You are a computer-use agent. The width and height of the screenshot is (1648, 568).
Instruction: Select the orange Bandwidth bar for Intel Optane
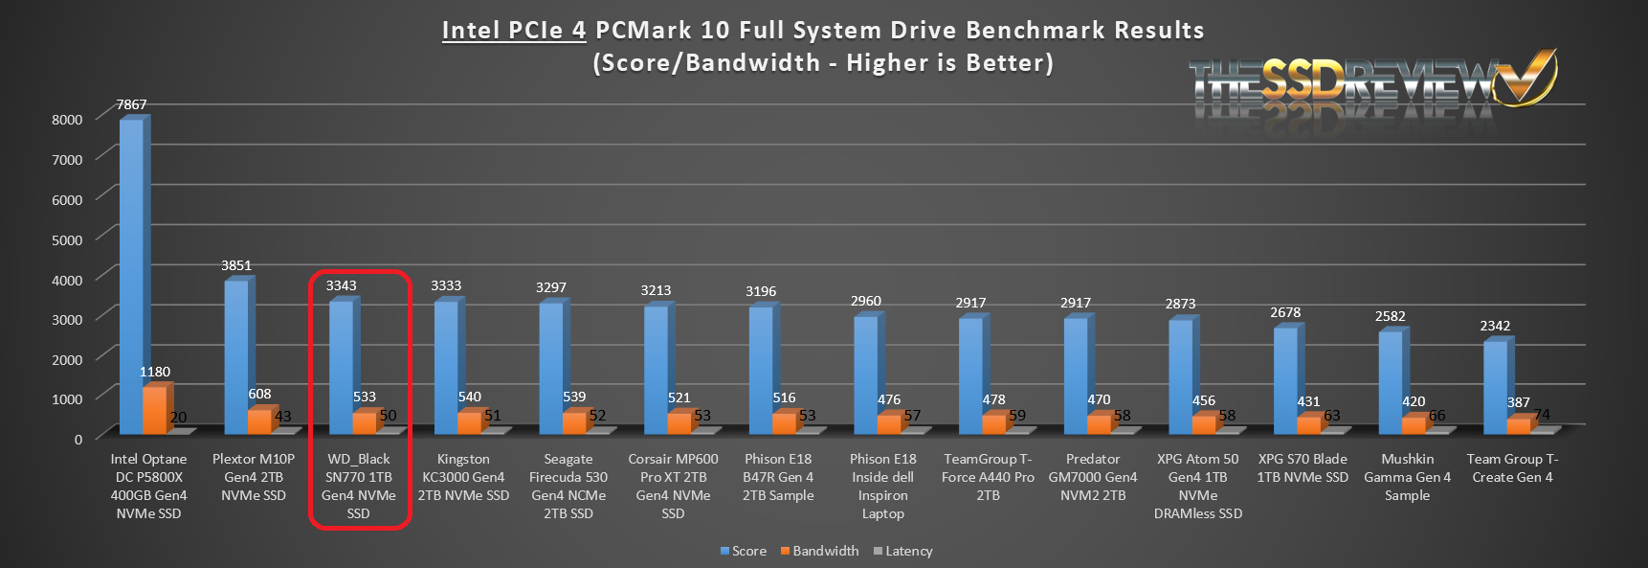pos(153,410)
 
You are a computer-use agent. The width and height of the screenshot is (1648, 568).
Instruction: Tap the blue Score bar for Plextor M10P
pos(236,356)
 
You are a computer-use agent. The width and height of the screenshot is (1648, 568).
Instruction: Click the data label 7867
pos(132,104)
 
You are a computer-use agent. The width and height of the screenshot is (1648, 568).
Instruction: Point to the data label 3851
pos(236,265)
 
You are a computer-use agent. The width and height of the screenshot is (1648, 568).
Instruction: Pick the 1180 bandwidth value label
pos(155,372)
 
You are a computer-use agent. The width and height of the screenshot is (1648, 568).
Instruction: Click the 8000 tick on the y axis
pos(67,120)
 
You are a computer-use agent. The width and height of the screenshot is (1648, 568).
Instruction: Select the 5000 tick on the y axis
pos(67,239)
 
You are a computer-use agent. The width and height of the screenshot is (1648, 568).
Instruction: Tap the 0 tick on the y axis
pos(78,439)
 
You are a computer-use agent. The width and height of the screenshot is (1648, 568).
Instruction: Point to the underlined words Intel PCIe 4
pos(514,31)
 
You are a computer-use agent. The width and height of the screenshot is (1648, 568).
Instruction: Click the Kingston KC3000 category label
pos(463,477)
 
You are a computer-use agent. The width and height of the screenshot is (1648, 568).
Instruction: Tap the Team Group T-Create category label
pos(1512,468)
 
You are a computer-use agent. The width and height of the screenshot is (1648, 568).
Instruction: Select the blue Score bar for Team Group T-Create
pos(1495,387)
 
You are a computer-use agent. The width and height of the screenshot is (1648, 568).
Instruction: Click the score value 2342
pos(1495,326)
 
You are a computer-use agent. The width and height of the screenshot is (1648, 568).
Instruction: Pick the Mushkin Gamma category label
pos(1407,477)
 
